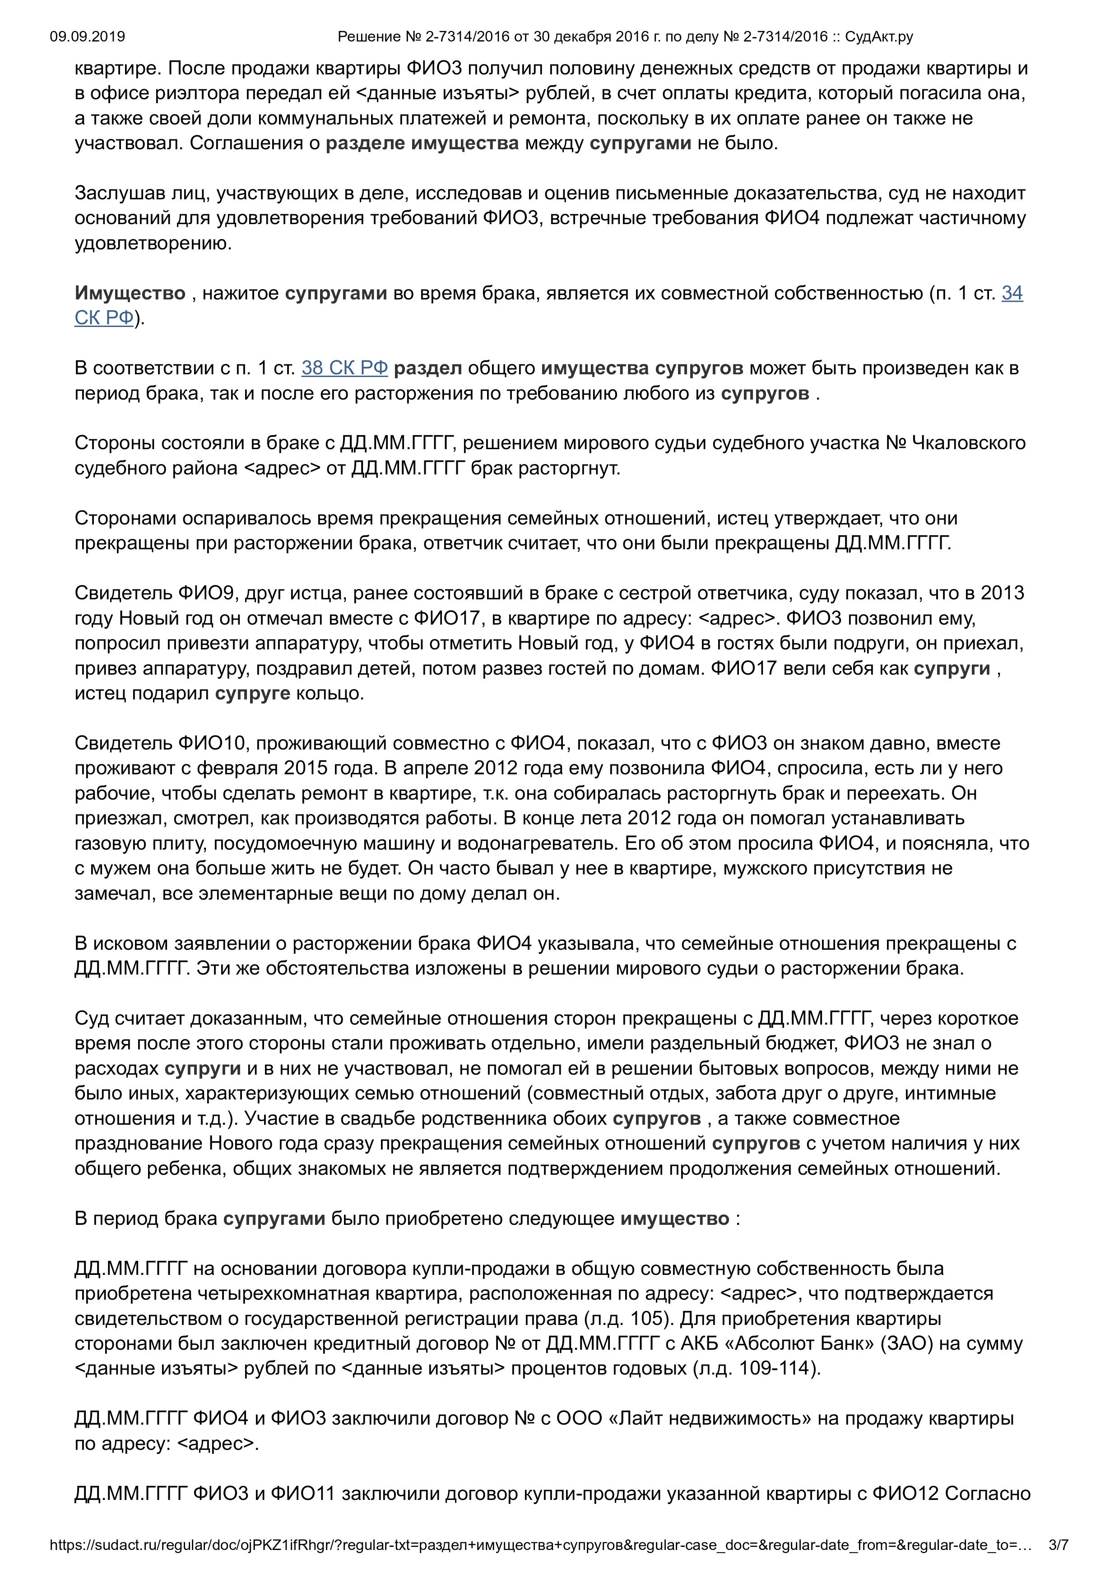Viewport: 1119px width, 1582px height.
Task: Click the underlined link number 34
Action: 1012,294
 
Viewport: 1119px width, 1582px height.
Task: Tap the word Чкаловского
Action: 969,443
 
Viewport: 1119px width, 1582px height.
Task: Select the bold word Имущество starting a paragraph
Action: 130,294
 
